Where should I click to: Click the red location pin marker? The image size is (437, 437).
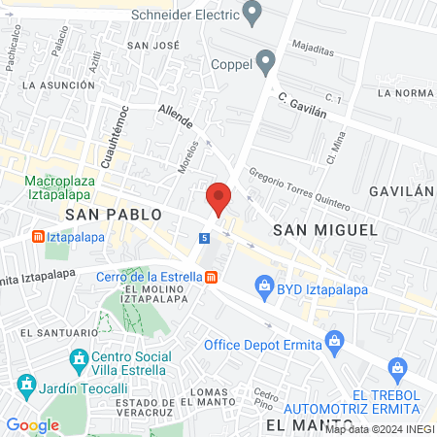tap(218, 197)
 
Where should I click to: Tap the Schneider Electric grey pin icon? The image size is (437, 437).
tap(253, 15)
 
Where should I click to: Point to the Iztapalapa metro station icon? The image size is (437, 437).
tap(38, 236)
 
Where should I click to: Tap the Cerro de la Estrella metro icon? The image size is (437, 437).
tap(211, 277)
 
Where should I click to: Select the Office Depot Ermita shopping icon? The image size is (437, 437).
tap(335, 341)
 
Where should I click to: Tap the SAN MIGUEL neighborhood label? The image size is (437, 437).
tap(324, 229)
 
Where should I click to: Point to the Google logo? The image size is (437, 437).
tap(32, 424)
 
